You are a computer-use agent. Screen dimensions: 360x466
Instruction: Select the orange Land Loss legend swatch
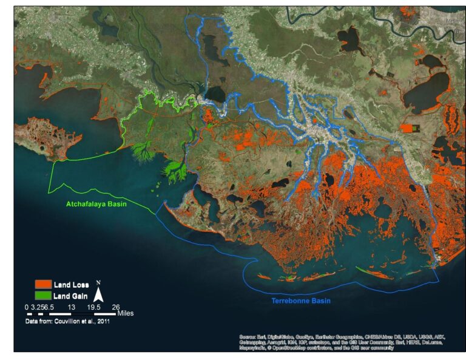point(42,284)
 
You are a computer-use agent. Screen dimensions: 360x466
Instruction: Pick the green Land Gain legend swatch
point(42,295)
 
